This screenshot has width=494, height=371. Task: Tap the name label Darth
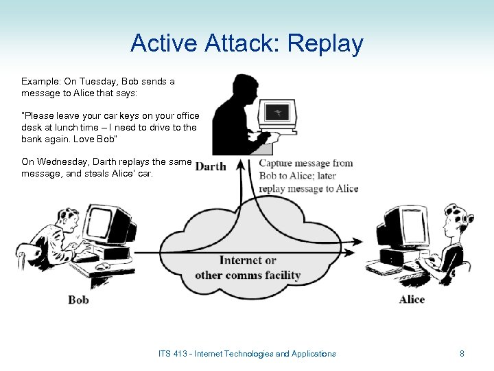(211, 166)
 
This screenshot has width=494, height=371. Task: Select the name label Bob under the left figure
(79, 299)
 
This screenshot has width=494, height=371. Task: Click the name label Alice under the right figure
(412, 299)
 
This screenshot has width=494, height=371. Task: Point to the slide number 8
(462, 354)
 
